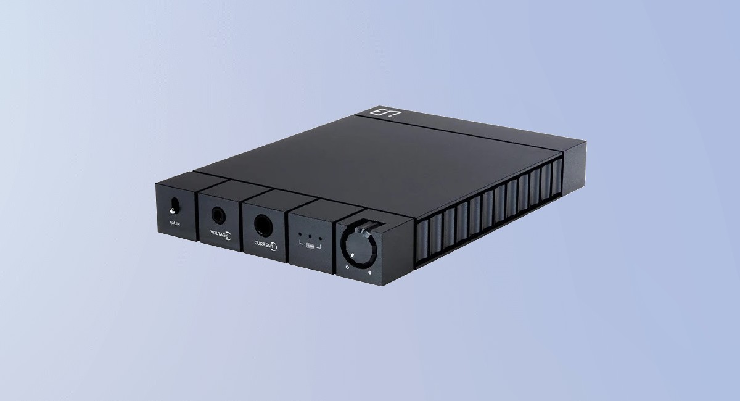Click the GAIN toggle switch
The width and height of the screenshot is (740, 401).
174,205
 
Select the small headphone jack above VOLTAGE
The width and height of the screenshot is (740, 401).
218,215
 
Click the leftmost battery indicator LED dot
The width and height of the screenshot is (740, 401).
301,235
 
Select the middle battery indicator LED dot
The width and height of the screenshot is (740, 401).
311,236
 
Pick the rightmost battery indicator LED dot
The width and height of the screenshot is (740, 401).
321,238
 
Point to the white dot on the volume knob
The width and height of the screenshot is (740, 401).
353,254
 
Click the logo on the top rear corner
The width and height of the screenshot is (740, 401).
376,112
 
